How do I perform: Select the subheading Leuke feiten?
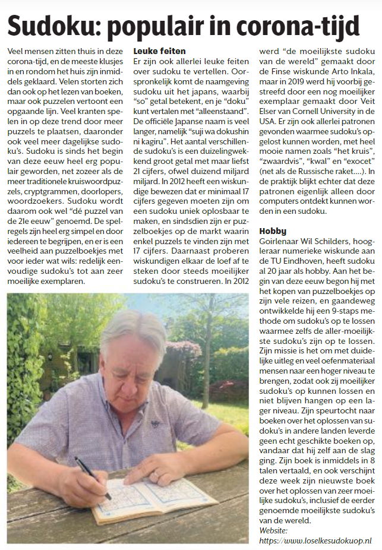click(x=159, y=52)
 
